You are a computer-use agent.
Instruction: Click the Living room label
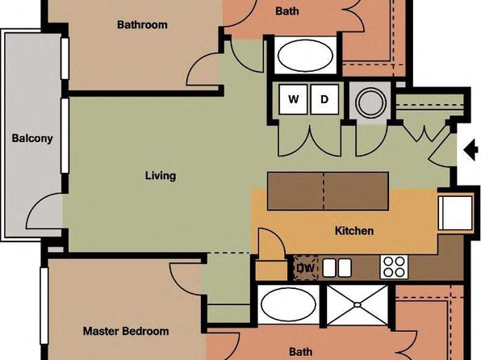pos(161,176)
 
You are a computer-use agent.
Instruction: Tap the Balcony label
pos(32,138)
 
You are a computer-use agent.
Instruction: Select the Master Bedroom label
pos(126,331)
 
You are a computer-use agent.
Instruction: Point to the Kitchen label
pos(354,231)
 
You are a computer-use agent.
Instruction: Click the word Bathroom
pos(142,24)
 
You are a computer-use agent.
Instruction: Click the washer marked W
pos(293,99)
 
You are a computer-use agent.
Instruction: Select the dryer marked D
pos(324,99)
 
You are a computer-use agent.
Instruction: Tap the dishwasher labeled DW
pos(306,268)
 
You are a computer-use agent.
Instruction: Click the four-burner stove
pos(394,267)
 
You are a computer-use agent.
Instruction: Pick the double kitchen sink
pos(337,268)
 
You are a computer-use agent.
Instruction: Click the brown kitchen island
pos(328,190)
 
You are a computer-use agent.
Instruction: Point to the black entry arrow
pos(471,150)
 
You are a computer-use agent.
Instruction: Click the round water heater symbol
pos(370,103)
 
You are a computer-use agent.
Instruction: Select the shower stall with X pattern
pos(357,305)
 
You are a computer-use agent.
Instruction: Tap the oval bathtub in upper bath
pos(305,56)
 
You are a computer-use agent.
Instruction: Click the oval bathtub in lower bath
pos(288,304)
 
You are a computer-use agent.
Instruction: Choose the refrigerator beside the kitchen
pos(455,212)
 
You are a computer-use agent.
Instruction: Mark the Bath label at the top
pos(287,11)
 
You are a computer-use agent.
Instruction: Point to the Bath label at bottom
pos(301,351)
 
